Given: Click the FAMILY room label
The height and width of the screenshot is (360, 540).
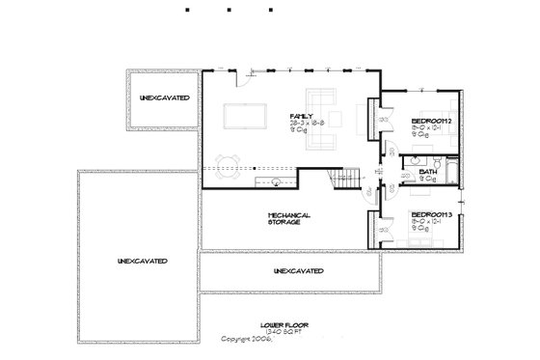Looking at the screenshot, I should tap(300, 117).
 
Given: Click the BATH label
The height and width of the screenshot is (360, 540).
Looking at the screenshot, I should tap(428, 173).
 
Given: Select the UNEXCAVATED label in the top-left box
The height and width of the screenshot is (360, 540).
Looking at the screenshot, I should tap(163, 98).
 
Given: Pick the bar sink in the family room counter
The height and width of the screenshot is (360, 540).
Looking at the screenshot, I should tap(277, 179).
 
